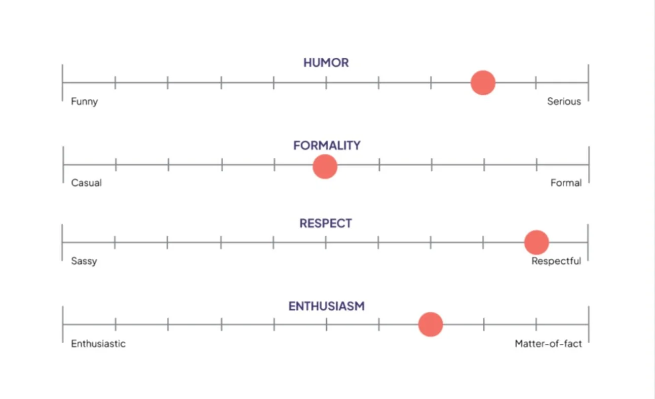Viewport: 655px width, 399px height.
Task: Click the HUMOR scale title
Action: tap(326, 63)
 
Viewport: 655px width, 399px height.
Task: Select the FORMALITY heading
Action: tap(327, 145)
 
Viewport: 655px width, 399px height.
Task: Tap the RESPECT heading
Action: tap(326, 223)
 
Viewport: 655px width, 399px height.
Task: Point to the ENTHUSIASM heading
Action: tap(326, 306)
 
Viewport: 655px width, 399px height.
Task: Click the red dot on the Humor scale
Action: tap(483, 83)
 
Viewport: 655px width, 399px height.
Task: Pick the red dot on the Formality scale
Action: tap(325, 167)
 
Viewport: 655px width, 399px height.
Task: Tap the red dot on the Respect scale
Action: tap(536, 242)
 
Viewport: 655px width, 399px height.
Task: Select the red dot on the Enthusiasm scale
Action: tap(430, 325)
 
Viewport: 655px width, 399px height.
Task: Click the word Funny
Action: tap(84, 102)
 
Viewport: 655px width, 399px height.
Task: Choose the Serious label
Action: tap(564, 102)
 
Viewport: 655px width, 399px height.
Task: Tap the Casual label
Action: tap(86, 183)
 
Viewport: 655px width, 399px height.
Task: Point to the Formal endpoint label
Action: tap(566, 183)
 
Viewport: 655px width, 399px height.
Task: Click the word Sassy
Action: tap(84, 261)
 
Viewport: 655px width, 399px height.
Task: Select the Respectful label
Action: tap(556, 261)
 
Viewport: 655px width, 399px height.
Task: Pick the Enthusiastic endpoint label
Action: tap(98, 344)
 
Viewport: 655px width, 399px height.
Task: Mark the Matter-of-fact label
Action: tap(548, 344)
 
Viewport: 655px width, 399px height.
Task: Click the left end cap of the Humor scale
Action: tap(63, 82)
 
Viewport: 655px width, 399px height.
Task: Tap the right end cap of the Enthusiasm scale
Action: tap(588, 324)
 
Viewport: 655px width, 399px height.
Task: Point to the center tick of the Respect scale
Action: tap(326, 242)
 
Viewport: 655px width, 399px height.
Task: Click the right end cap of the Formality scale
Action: tap(589, 165)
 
